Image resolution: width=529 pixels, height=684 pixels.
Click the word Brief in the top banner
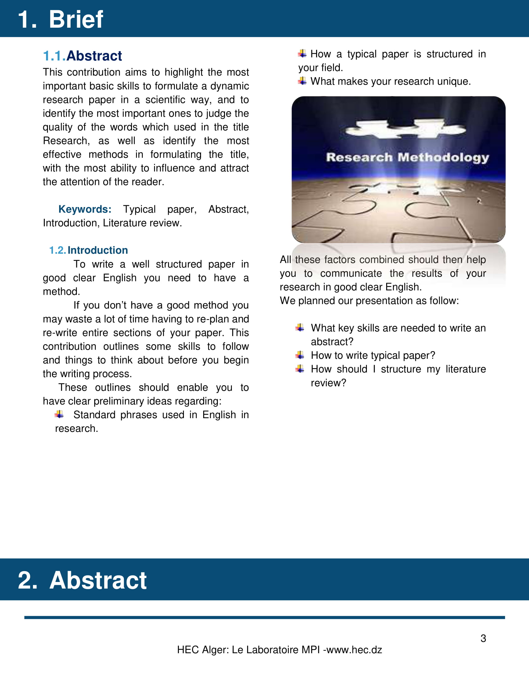76,19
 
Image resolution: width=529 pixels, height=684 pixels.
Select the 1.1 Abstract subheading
82,56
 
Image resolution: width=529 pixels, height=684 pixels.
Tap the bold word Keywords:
85,209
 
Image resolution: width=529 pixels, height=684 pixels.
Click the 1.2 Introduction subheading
89,250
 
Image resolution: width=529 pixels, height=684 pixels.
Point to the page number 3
483,638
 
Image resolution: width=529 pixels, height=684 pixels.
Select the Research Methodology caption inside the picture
407,157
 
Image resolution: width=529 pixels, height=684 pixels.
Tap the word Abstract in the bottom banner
98,580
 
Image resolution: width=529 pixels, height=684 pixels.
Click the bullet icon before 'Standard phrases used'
59,414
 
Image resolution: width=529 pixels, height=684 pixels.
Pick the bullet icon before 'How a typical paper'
302,53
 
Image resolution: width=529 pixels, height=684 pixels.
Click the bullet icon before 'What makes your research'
302,81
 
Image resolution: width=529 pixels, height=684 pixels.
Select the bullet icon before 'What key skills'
300,328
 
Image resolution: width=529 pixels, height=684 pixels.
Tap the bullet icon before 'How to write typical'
300,355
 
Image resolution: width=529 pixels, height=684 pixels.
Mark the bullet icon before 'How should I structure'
300,369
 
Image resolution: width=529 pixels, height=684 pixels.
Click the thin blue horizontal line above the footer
264,617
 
